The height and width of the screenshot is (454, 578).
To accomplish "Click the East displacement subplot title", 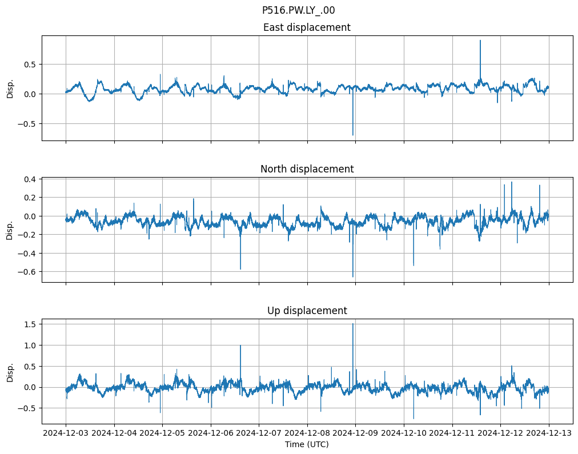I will point(307,27).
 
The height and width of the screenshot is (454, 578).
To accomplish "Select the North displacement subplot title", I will point(307,169).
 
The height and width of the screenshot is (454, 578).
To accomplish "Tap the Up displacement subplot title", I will point(307,311).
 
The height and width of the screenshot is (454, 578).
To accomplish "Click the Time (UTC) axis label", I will point(307,444).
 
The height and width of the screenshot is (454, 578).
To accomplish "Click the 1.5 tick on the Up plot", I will point(30,324).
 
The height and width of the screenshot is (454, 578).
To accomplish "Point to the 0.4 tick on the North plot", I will point(30,179).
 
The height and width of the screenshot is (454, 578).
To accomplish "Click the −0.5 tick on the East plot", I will point(27,123).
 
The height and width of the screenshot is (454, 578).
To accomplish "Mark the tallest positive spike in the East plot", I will point(480,41).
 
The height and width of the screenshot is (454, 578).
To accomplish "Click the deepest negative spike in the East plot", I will point(353,135).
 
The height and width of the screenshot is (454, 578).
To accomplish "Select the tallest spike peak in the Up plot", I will point(353,324).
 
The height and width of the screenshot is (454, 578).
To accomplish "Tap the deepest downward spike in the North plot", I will point(353,276).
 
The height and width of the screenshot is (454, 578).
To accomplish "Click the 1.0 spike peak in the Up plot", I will point(240,345).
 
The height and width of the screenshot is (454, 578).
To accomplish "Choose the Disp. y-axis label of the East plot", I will point(10,88).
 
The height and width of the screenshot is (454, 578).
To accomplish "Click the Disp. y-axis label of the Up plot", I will point(10,371).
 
